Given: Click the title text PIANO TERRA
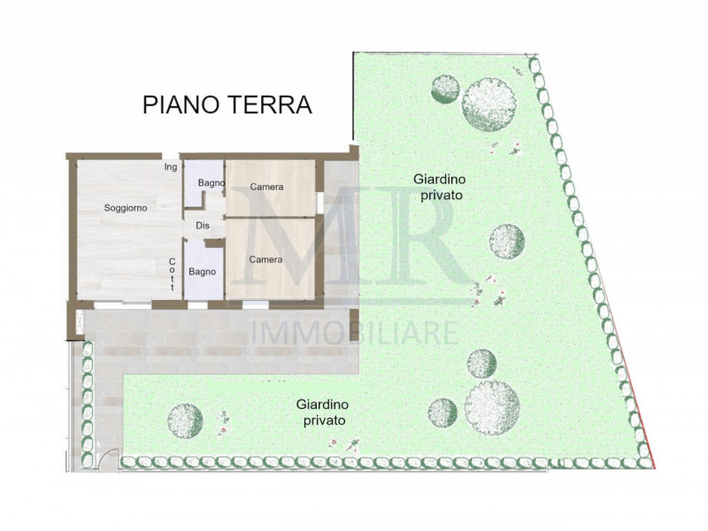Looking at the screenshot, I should click(227, 104).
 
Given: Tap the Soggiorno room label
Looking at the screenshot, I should click(125, 207).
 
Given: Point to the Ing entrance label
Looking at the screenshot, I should click(170, 166).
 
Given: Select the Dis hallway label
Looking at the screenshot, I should click(203, 225).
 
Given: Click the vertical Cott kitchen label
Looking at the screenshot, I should click(173, 273).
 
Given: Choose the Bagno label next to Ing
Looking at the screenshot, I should click(211, 183).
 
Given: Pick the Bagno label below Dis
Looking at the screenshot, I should click(203, 272).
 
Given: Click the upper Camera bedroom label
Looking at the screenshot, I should click(266, 187).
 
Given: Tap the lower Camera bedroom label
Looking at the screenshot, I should click(265, 259).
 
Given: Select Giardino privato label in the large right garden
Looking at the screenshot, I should click(437, 186).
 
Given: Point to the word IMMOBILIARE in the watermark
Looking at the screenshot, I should click(356, 334).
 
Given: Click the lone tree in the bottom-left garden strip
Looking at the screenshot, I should click(186, 419).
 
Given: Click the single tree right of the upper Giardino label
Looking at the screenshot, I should click(507, 242).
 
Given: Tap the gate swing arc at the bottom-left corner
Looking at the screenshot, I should click(108, 458).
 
